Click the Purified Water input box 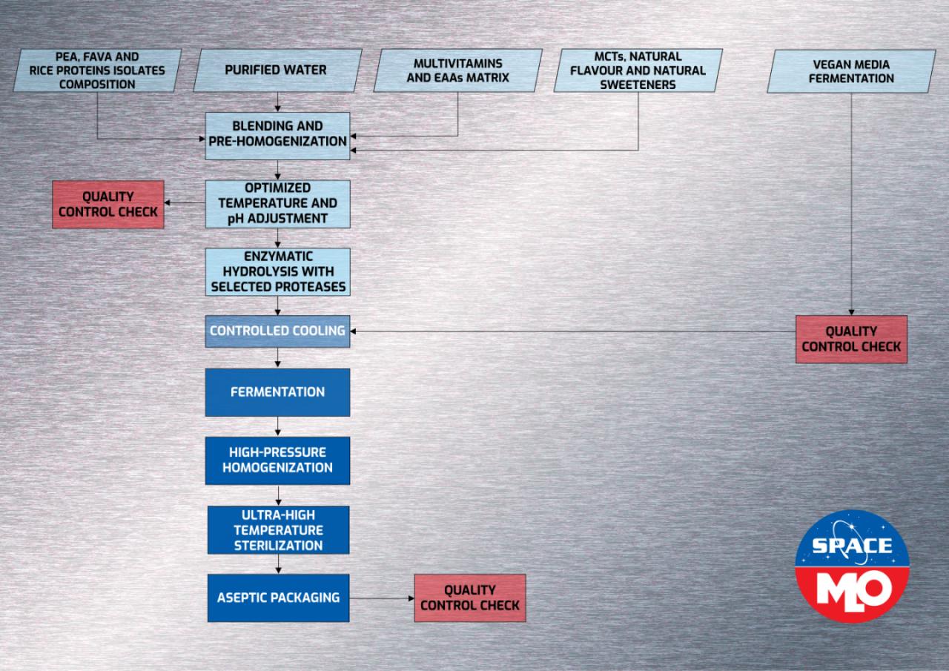click(x=276, y=70)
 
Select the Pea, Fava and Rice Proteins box click(x=98, y=70)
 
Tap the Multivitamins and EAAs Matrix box click(x=457, y=70)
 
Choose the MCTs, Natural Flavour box click(x=638, y=70)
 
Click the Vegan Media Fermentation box click(x=850, y=70)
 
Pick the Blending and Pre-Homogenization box click(x=277, y=134)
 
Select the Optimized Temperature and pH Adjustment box click(x=277, y=203)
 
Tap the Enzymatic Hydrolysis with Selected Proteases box click(x=277, y=271)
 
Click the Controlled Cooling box click(x=277, y=331)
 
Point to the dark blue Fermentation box click(x=277, y=391)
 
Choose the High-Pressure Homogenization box click(x=277, y=460)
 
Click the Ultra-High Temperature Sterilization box click(x=277, y=530)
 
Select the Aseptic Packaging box click(x=277, y=597)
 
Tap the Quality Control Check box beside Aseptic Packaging click(x=470, y=598)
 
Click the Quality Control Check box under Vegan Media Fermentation click(x=851, y=339)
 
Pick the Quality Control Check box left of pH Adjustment click(x=108, y=204)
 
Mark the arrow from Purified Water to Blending click(x=277, y=102)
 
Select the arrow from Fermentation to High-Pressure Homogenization click(x=277, y=427)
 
